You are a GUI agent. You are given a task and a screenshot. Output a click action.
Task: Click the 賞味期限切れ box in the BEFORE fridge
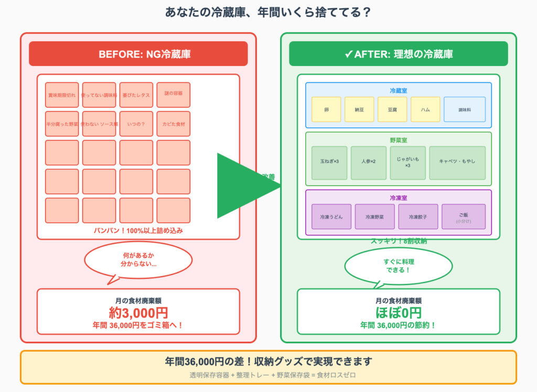pyautogui.click(x=62, y=95)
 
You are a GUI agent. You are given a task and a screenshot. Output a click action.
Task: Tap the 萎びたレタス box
pyautogui.click(x=136, y=95)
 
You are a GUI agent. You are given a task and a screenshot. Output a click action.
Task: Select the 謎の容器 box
pyautogui.click(x=174, y=95)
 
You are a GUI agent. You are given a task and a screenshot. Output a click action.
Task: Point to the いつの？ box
pyautogui.click(x=136, y=124)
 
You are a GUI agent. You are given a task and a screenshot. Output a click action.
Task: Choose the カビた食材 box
pyautogui.click(x=174, y=124)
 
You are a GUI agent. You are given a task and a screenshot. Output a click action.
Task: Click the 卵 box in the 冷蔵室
pyautogui.click(x=326, y=110)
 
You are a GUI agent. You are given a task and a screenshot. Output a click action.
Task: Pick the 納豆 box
pyautogui.click(x=359, y=110)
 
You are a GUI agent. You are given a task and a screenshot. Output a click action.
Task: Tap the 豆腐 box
pyautogui.click(x=392, y=110)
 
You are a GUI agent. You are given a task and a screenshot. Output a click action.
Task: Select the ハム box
pyautogui.click(x=425, y=110)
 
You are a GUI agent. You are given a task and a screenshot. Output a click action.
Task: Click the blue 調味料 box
pyautogui.click(x=464, y=110)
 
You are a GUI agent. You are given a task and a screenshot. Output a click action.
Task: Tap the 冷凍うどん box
pyautogui.click(x=331, y=216)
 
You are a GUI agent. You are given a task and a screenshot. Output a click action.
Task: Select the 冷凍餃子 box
pyautogui.click(x=418, y=216)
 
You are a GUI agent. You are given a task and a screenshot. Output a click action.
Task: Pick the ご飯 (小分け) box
pyautogui.click(x=464, y=216)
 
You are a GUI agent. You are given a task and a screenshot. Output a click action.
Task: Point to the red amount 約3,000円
pyautogui.click(x=138, y=313)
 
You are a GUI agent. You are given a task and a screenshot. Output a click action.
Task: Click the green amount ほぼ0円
pyautogui.click(x=399, y=313)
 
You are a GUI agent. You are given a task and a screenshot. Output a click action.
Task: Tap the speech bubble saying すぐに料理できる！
pyautogui.click(x=399, y=266)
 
